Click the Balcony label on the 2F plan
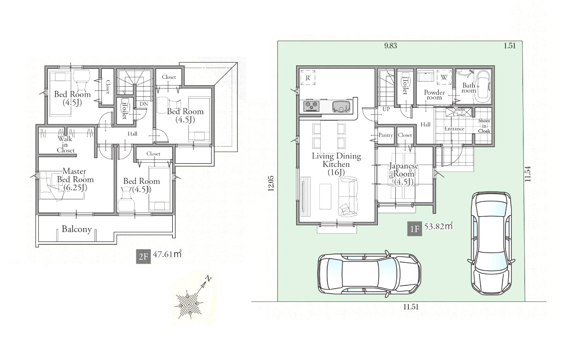point(76,229)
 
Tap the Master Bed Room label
point(75,179)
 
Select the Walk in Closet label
point(65,145)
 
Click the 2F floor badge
point(143,257)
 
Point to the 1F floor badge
point(414,229)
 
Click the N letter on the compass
point(209,278)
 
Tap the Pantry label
point(386,135)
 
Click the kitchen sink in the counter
point(341,106)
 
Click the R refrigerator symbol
point(308,77)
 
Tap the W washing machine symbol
point(444,77)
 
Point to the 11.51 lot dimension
point(411,307)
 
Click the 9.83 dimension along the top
point(390,46)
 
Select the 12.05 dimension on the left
point(271,183)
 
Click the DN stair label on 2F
point(144,104)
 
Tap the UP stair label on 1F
point(386,109)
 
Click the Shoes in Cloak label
point(484,126)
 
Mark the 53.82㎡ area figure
point(439,226)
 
